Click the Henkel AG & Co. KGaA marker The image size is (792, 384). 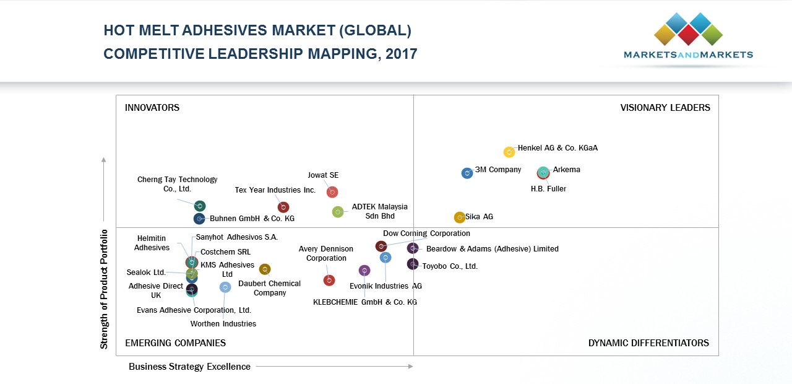[509, 152]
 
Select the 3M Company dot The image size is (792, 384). [467, 173]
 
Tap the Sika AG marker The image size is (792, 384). [459, 217]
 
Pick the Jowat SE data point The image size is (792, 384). [332, 192]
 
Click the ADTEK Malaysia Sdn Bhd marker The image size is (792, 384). [338, 212]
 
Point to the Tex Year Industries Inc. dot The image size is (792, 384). [283, 207]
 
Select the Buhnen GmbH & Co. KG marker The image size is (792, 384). [199, 219]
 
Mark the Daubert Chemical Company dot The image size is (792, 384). [265, 269]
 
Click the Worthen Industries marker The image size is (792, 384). [225, 287]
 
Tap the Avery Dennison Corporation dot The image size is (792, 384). [329, 281]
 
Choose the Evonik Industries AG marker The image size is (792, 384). [364, 271]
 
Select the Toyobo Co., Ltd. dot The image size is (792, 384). [413, 264]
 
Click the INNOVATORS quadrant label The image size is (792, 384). [152, 108]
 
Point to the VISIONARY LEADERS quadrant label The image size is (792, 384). [665, 108]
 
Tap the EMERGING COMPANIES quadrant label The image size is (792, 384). [175, 343]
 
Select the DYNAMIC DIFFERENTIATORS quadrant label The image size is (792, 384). [648, 343]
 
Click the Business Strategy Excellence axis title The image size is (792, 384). [189, 367]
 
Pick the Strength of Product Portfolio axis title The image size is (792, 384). [104, 289]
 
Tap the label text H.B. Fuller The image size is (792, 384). [548, 189]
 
